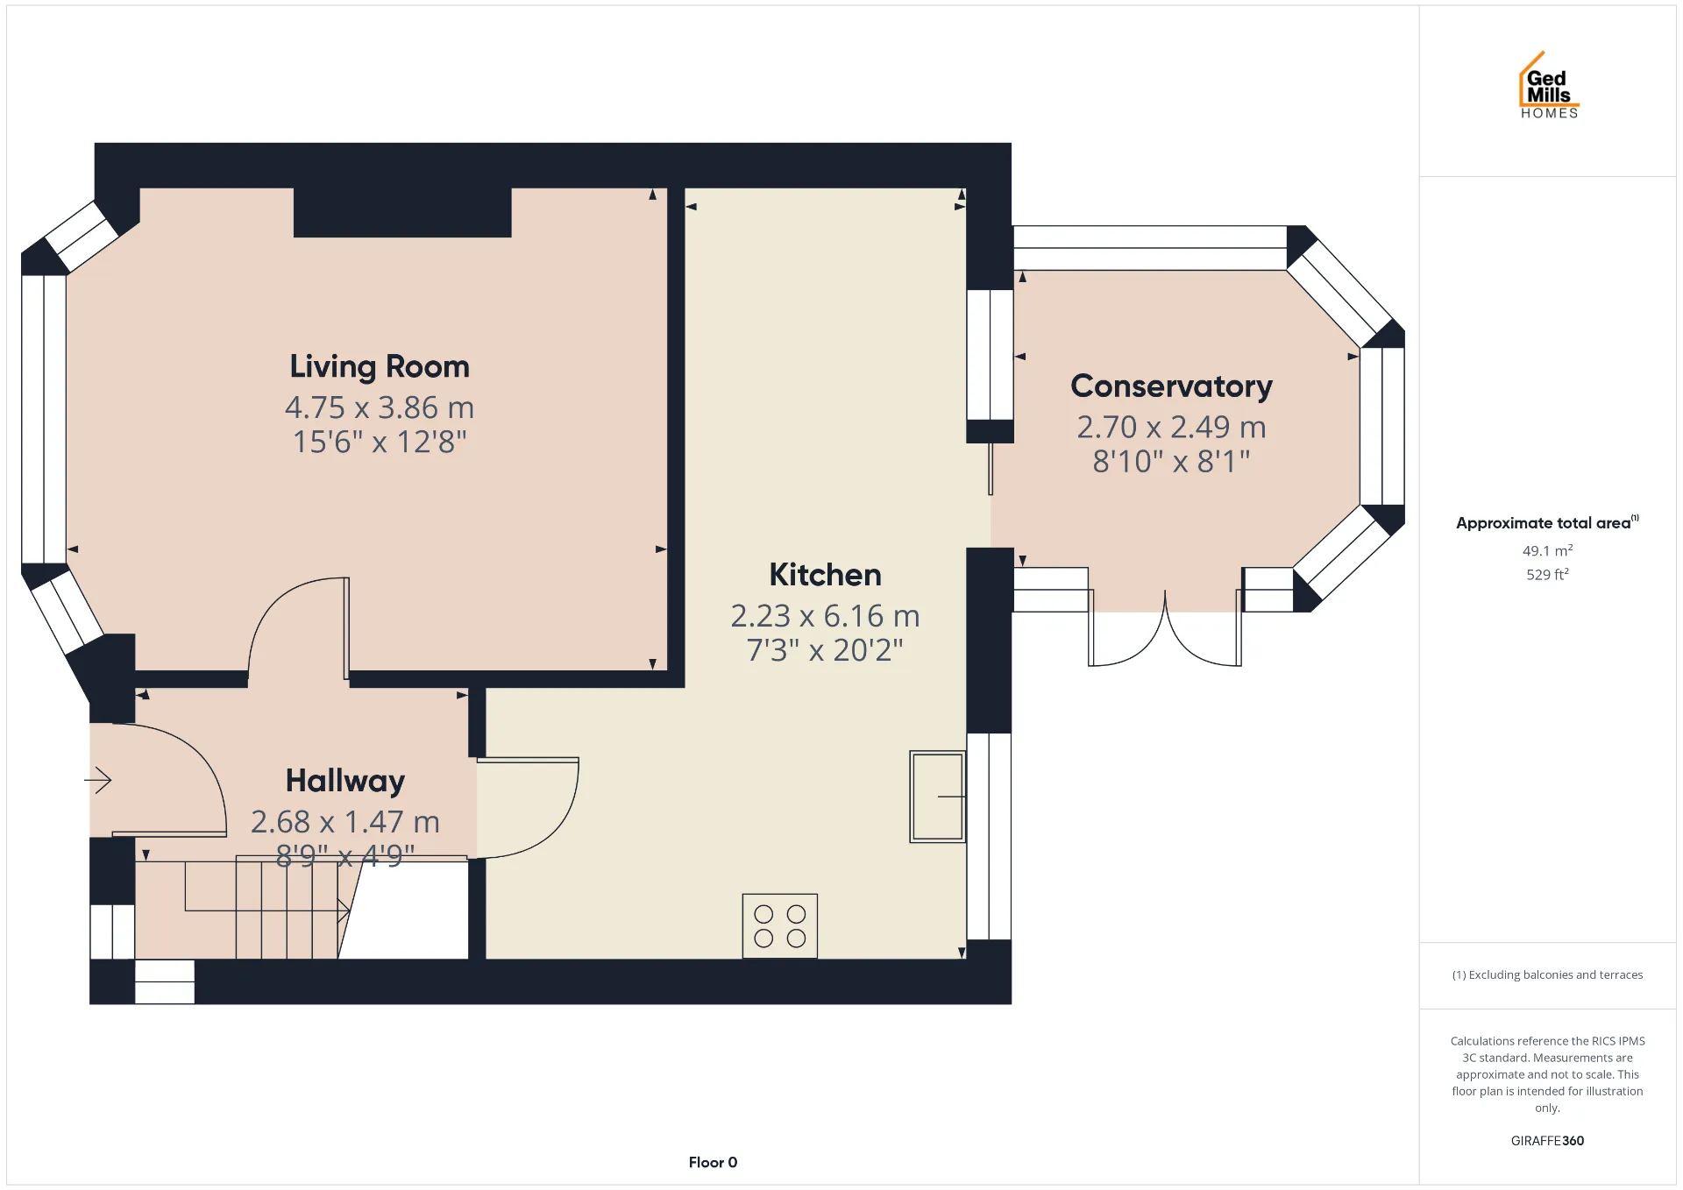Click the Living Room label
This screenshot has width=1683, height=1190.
[x=380, y=367]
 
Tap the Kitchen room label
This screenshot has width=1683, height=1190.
[x=825, y=575]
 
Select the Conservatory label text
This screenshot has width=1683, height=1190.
[x=1171, y=386]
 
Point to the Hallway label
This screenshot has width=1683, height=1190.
[x=345, y=781]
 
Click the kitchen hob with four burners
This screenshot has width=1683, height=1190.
[x=779, y=926]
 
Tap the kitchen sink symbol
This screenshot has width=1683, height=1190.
[x=937, y=797]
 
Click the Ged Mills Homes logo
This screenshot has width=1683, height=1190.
[x=1549, y=85]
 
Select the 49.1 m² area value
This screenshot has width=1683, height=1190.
[x=1547, y=550]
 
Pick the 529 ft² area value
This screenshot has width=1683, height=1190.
[x=1547, y=574]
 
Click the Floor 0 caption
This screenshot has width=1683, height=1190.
[x=713, y=1162]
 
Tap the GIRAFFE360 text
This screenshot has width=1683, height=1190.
[x=1547, y=1140]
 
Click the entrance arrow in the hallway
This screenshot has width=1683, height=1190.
[x=98, y=779]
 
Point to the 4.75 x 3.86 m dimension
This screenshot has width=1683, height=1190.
[x=380, y=407]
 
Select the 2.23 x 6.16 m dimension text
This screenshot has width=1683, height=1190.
[x=825, y=616]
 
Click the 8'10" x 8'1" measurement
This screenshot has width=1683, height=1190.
[x=1171, y=461]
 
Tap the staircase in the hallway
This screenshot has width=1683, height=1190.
[x=263, y=910]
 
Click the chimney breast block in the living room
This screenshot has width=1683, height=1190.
[x=402, y=212]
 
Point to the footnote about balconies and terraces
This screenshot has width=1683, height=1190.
[x=1547, y=974]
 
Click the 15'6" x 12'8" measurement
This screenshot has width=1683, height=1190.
[x=380, y=442]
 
